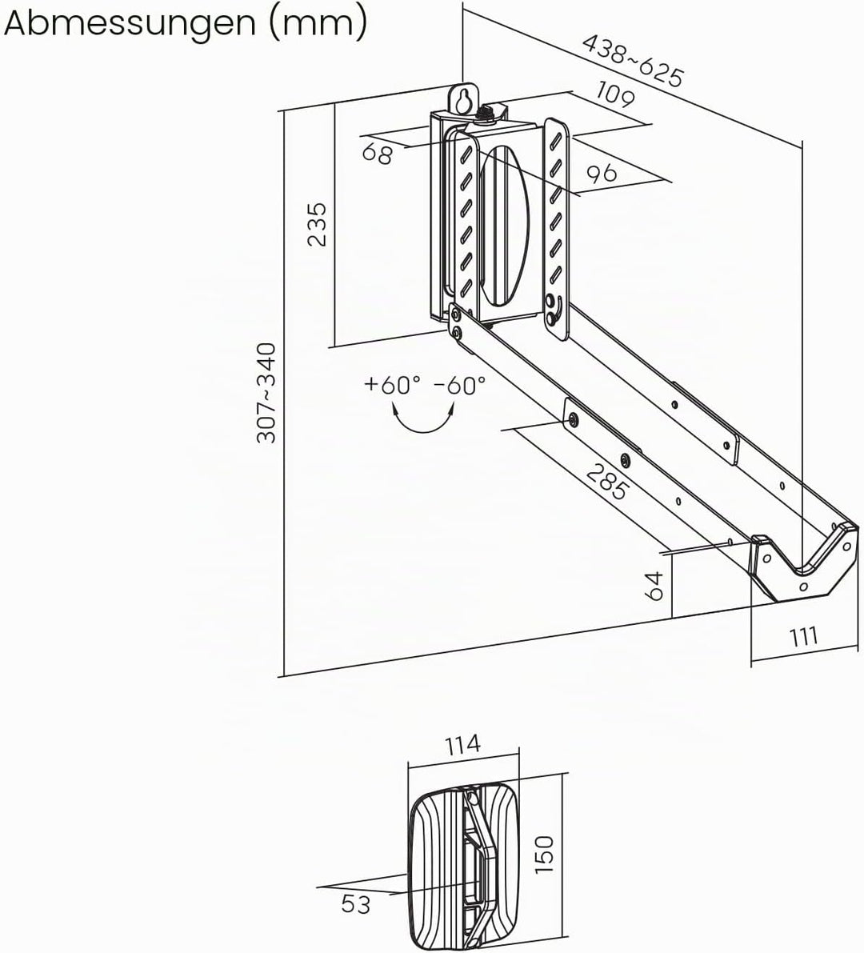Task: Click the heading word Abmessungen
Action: point(130,24)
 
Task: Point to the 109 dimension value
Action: point(615,94)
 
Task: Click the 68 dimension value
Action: point(378,153)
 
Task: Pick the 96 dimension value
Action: point(602,174)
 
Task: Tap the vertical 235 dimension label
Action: point(317,224)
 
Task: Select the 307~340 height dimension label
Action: point(266,393)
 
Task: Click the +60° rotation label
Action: point(392,385)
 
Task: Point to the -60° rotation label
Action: point(460,385)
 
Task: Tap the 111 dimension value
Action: point(803,637)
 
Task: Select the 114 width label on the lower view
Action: point(462,744)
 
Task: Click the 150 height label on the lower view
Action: point(545,854)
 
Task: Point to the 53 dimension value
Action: point(355,903)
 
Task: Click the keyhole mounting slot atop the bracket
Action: point(464,100)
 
